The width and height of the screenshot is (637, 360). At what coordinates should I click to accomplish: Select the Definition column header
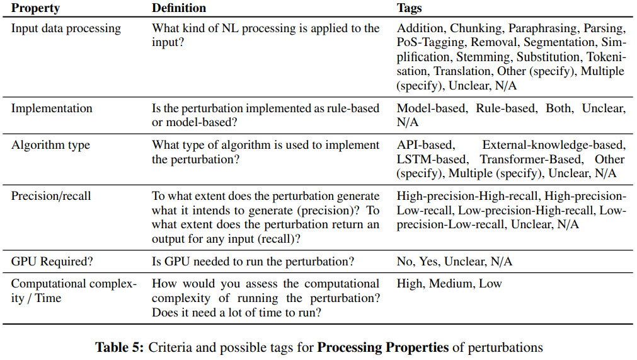(179, 9)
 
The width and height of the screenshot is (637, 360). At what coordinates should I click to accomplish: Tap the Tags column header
(409, 9)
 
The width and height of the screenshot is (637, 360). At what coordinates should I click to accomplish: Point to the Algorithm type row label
(50, 145)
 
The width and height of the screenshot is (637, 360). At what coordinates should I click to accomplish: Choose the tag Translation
(462, 71)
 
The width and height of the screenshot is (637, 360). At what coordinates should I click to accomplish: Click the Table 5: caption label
(120, 347)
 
